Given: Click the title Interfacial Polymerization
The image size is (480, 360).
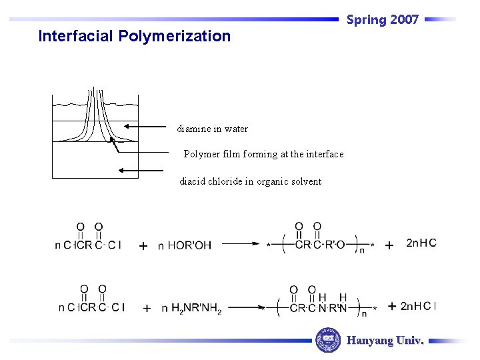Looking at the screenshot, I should (x=134, y=36).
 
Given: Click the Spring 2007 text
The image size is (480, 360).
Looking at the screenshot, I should (x=382, y=20).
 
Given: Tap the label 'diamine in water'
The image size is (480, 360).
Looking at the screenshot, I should (x=212, y=129).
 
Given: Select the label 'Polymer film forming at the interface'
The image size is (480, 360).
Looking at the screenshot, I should (x=263, y=154).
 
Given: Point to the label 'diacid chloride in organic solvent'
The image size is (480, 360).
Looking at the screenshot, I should (x=250, y=181).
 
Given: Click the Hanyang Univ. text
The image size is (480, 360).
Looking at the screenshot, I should (x=385, y=341).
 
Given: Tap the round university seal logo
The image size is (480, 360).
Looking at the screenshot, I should (x=327, y=340).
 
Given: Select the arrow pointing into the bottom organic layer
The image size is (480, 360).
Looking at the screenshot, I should (x=140, y=170).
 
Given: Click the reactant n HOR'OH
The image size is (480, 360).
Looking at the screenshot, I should (x=184, y=245).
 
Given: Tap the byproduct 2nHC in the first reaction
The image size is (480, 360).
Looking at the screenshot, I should (x=421, y=243).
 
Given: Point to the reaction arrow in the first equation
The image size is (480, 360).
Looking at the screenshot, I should (x=241, y=244).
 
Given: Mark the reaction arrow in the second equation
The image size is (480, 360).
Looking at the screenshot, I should (x=244, y=307).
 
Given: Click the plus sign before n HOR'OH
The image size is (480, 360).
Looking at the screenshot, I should (x=143, y=246).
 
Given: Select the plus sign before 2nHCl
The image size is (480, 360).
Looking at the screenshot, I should (x=392, y=306).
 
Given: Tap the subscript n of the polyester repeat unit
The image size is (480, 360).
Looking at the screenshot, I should (x=361, y=250).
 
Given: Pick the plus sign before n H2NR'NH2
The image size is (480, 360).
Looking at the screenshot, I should (x=146, y=308).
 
